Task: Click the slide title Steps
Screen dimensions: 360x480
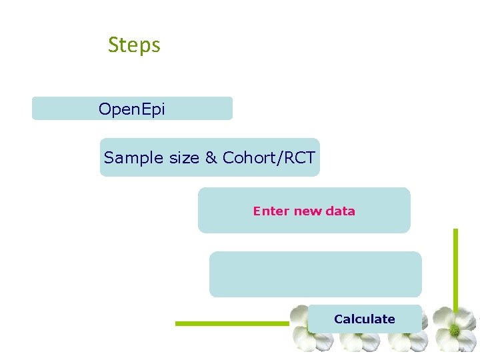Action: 134,45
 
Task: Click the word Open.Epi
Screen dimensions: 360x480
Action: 131,109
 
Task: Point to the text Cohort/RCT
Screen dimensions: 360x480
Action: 269,158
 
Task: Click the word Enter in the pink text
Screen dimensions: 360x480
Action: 271,211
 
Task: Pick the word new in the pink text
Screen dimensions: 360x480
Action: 307,211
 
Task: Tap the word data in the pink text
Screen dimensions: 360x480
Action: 340,211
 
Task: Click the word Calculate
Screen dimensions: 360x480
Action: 364,319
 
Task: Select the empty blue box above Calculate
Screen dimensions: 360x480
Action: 315,274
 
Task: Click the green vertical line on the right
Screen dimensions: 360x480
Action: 456,267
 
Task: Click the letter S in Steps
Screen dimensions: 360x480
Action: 113,45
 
